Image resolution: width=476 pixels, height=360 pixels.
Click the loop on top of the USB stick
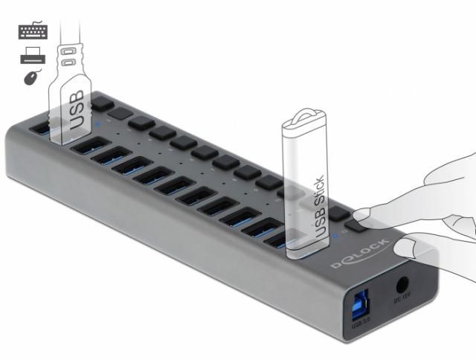click(x=304, y=119)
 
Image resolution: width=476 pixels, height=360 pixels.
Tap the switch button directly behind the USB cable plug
click(x=102, y=100)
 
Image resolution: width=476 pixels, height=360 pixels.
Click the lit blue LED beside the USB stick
click(x=335, y=237)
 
